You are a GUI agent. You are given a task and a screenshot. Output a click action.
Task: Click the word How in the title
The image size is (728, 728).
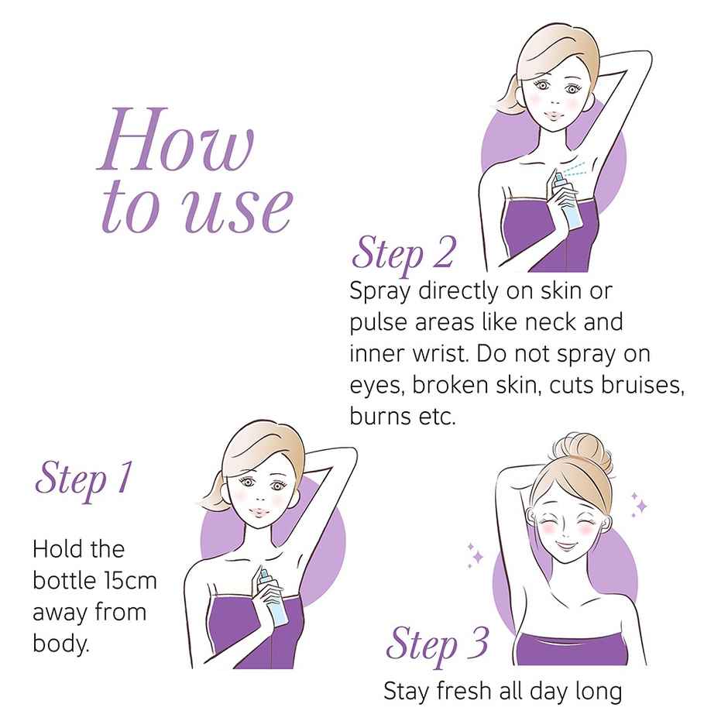[x=176, y=139]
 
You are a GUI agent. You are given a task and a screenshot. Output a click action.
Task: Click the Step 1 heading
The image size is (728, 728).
[x=84, y=478]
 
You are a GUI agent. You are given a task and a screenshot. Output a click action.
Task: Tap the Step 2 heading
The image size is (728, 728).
[x=403, y=253]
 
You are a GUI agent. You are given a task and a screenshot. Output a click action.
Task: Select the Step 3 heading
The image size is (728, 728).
[x=437, y=644]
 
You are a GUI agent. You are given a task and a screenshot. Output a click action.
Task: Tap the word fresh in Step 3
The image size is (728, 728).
[x=464, y=691]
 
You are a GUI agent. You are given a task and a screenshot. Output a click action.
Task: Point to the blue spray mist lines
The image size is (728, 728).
[x=575, y=170]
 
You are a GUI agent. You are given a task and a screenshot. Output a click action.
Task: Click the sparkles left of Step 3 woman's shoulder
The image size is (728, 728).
[x=475, y=555]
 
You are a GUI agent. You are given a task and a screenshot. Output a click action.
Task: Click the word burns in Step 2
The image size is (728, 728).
[x=379, y=416]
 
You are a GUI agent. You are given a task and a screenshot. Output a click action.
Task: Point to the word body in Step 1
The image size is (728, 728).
[x=60, y=644]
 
